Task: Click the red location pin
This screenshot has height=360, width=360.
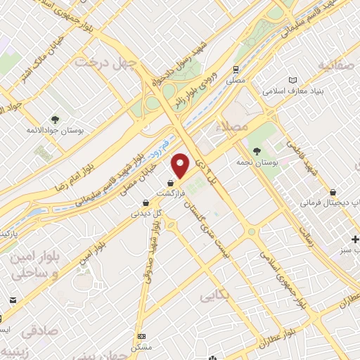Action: pos(181,166)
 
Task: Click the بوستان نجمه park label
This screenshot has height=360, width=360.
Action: pos(264,162)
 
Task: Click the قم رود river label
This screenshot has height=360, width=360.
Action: pos(162,148)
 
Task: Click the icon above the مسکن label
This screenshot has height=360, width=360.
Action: pos(142,336)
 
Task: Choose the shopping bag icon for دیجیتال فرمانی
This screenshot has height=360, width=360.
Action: pos(333,191)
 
